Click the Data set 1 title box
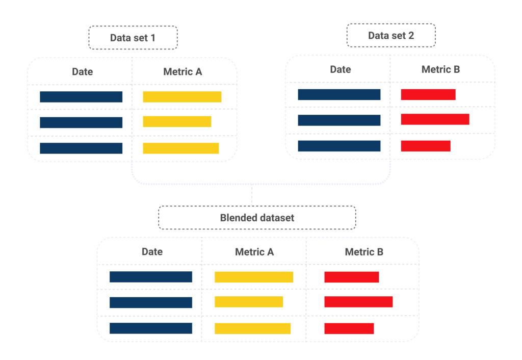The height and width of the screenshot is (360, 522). click(x=133, y=38)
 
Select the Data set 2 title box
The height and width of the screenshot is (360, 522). click(x=391, y=35)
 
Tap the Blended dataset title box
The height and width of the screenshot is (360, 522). click(x=257, y=218)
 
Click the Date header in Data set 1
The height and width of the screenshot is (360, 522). click(x=82, y=72)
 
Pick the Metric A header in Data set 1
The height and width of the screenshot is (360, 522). click(x=182, y=72)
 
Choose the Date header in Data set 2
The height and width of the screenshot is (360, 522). click(x=340, y=69)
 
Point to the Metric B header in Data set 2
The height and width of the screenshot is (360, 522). click(x=440, y=69)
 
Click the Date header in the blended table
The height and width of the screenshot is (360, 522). click(x=152, y=251)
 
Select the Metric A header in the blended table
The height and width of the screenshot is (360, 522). click(x=254, y=251)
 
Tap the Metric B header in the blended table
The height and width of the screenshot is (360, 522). click(x=364, y=251)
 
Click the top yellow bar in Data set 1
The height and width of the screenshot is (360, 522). click(x=182, y=97)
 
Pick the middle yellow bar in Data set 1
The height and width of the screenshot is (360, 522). click(x=177, y=122)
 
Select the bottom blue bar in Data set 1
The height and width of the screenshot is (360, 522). click(x=81, y=148)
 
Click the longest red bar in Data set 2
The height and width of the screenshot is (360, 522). click(x=435, y=119)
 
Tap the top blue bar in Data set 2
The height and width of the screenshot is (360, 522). click(x=339, y=94)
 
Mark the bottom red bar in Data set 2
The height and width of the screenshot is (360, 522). click(x=426, y=146)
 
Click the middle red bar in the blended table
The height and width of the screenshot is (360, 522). click(x=358, y=302)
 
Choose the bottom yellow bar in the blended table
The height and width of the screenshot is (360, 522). click(x=252, y=328)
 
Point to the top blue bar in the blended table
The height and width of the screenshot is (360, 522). click(x=151, y=277)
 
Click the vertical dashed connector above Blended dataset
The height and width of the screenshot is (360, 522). click(x=252, y=195)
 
